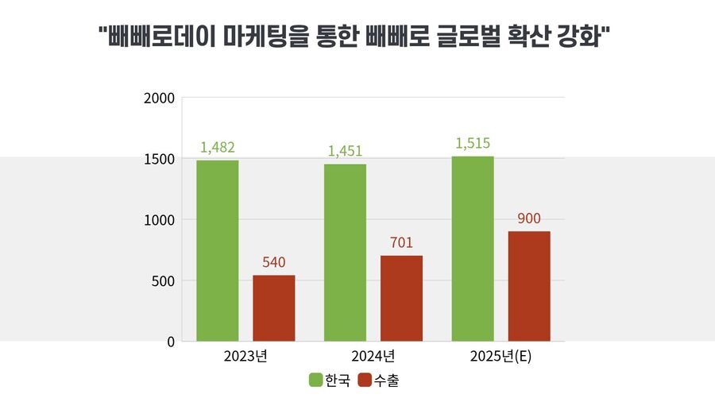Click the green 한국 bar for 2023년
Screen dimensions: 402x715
(218, 251)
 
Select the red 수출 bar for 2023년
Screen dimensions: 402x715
(274, 308)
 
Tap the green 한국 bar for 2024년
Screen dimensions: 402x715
(345, 253)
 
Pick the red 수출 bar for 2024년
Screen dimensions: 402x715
(401, 299)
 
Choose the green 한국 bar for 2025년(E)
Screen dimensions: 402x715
(473, 249)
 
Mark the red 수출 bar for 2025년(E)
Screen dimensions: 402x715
(529, 286)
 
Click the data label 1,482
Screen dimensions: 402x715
(218, 148)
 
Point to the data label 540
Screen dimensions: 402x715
(274, 262)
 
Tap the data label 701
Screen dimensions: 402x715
(401, 243)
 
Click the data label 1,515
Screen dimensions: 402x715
(473, 144)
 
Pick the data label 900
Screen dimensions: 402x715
(529, 218)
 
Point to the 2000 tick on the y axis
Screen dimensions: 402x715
(159, 99)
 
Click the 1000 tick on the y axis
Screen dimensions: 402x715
(159, 220)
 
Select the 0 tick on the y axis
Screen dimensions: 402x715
(169, 342)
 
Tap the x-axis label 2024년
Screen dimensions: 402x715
(373, 356)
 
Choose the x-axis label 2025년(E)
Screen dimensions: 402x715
(500, 356)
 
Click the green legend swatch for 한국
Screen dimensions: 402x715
(316, 381)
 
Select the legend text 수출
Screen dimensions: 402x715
(387, 381)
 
